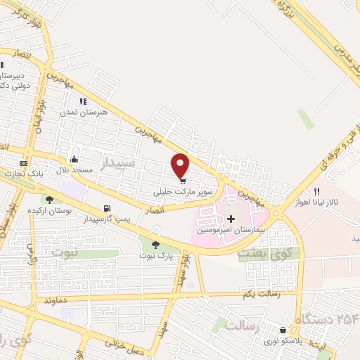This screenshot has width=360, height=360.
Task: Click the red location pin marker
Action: [x=181, y=165]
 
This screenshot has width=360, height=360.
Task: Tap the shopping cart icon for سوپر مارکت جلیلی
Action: [x=182, y=179]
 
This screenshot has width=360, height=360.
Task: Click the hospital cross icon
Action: [x=231, y=219]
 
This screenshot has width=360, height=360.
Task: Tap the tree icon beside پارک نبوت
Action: [x=155, y=243]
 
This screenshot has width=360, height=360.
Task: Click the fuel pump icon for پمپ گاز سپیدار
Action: [x=107, y=208]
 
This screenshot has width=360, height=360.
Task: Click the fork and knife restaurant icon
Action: [x=317, y=191]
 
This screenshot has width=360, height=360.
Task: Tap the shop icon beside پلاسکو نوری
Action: [x=283, y=330]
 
